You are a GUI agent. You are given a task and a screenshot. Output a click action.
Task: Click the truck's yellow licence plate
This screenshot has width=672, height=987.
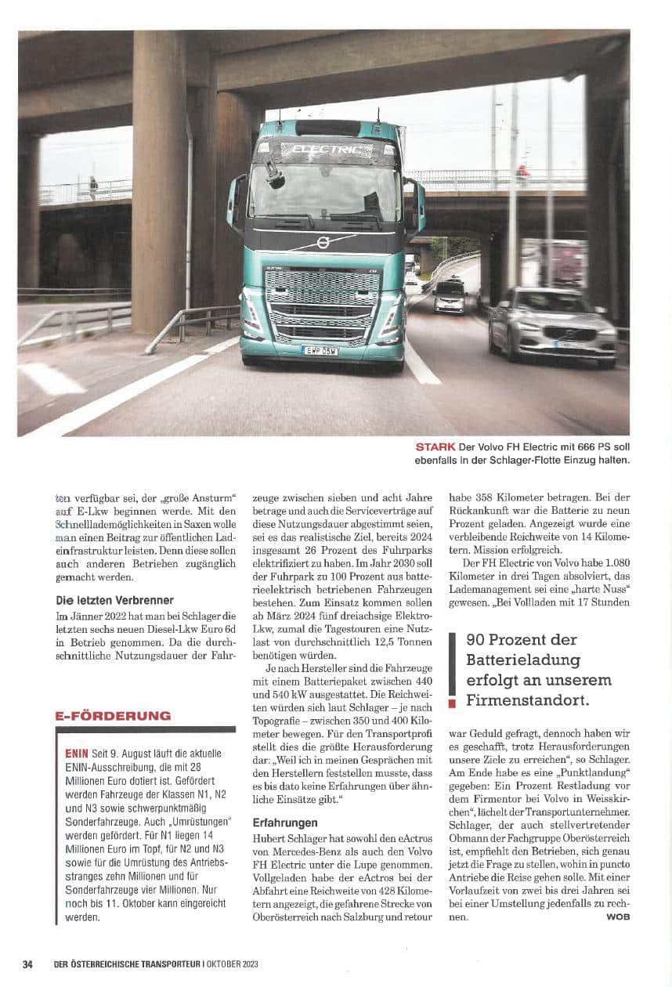click(320, 350)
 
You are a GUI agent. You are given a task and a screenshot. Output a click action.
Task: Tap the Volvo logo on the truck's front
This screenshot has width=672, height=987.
click(322, 243)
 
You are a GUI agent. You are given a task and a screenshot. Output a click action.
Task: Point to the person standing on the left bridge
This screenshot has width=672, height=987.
click(93, 186)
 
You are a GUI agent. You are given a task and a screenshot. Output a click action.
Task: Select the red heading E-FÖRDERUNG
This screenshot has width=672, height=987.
click(113, 715)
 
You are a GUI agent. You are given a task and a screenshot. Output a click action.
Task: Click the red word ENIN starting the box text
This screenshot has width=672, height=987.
click(77, 754)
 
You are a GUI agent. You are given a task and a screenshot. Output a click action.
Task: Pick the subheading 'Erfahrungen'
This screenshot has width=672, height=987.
click(284, 822)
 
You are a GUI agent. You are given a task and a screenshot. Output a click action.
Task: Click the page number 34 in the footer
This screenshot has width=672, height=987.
click(27, 963)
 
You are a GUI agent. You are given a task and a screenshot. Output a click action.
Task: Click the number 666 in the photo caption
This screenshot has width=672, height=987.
click(576, 446)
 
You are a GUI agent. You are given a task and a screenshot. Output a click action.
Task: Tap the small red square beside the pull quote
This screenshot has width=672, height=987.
click(451, 703)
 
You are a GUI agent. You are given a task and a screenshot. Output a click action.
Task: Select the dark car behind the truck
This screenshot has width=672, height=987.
click(449, 296)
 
